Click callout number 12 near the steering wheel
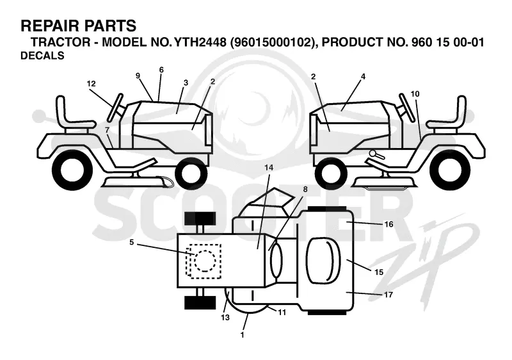(91, 84)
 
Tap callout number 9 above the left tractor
(138, 76)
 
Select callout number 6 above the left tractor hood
(161, 70)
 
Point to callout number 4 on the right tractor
(363, 77)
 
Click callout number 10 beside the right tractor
(415, 94)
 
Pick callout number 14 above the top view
(269, 168)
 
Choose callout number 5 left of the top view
(132, 242)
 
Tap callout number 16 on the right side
(388, 224)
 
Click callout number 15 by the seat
(379, 272)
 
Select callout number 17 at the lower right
(388, 295)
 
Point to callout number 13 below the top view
(225, 317)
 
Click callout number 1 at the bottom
(242, 335)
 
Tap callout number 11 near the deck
(282, 313)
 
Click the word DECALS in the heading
(42, 56)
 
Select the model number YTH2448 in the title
(200, 42)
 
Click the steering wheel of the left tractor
(116, 107)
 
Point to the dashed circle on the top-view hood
(205, 261)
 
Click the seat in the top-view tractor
(323, 260)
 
